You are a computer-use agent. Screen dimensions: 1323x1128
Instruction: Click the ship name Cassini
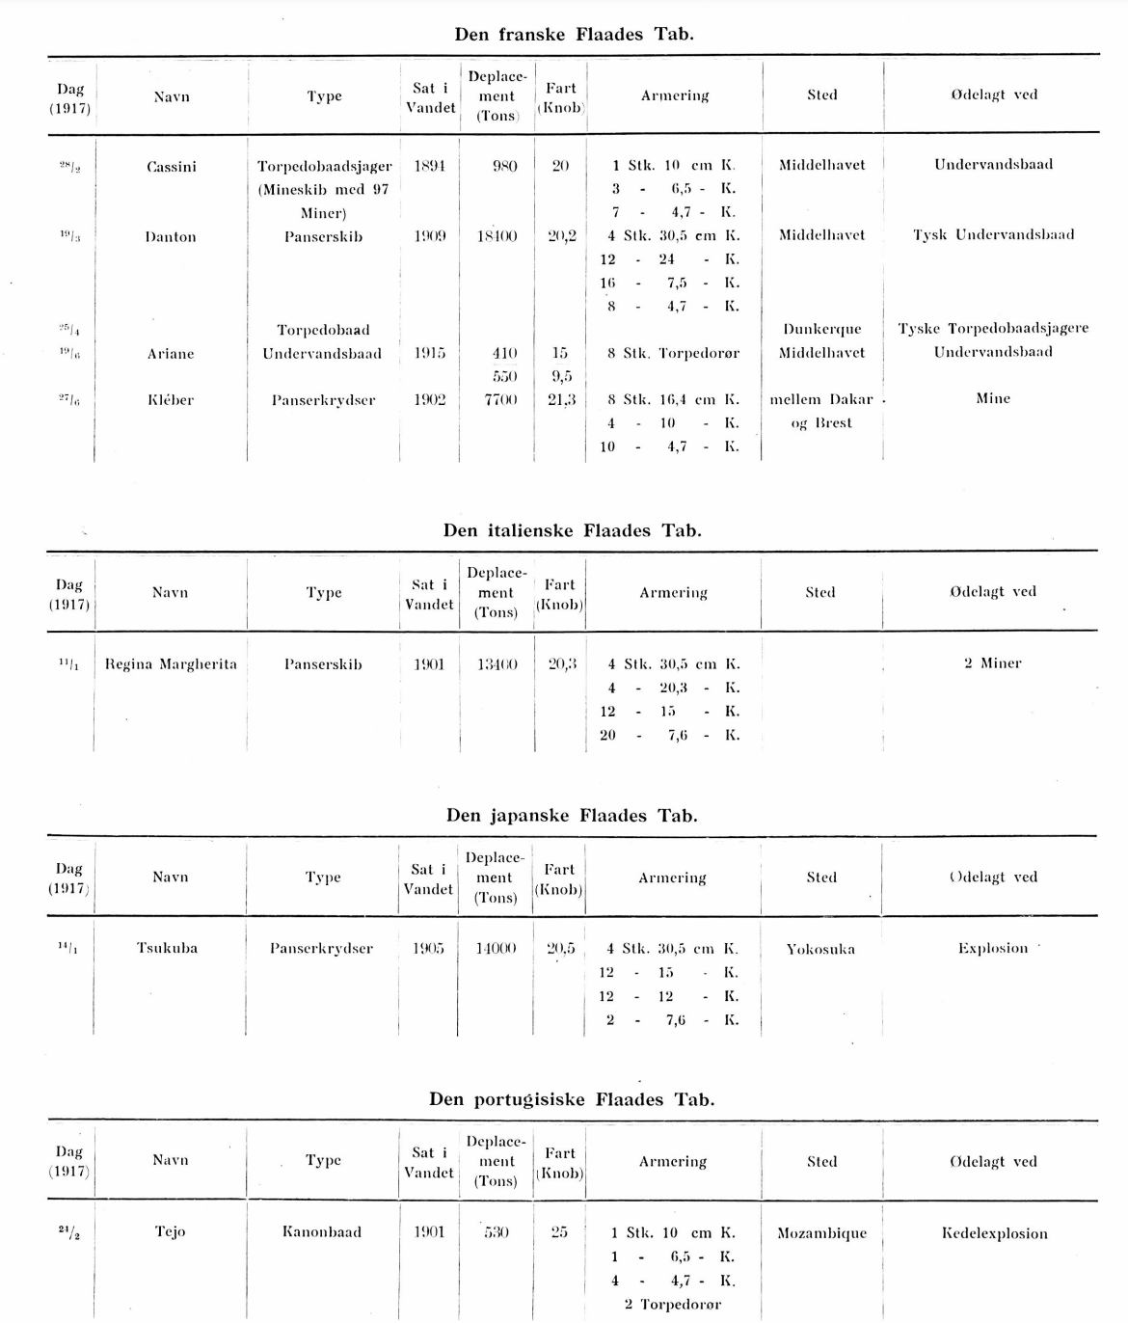[172, 167]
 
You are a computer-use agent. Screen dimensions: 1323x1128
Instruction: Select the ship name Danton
[171, 237]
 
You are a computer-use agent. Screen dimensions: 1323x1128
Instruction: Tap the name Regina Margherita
[171, 664]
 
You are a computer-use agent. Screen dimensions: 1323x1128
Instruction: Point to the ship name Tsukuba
[168, 949]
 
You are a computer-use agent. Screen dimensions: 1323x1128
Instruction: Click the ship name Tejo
[170, 1232]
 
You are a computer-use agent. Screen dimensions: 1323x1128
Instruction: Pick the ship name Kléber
[171, 400]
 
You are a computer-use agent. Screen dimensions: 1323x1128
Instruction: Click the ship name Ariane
[171, 354]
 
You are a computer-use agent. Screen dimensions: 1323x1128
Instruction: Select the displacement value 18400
[497, 236]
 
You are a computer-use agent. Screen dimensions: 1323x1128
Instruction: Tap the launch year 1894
[429, 166]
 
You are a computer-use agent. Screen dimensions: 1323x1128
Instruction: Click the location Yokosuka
[820, 949]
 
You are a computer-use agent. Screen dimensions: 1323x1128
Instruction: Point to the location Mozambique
[821, 1233]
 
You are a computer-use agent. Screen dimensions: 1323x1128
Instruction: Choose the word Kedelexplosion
[994, 1233]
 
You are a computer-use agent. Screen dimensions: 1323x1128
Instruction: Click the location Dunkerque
[822, 330]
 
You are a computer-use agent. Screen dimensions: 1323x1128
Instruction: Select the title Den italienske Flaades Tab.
[573, 530]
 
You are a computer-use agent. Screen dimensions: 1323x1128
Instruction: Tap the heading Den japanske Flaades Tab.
[572, 816]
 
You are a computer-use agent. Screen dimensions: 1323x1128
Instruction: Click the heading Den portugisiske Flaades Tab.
[572, 1099]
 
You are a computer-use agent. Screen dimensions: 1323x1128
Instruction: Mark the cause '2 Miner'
[992, 663]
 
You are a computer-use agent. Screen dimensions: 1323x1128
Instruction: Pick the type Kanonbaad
[322, 1232]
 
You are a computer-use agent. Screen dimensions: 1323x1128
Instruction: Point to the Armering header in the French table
[675, 95]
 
